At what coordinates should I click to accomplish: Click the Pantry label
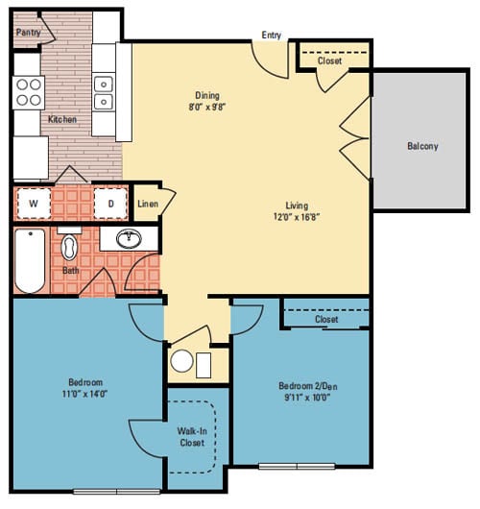pyautogui.click(x=28, y=33)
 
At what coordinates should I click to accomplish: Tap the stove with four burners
pyautogui.click(x=29, y=90)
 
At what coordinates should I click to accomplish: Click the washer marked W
pyautogui.click(x=34, y=204)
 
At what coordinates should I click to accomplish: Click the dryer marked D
pyautogui.click(x=110, y=204)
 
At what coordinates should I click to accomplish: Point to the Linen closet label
pyautogui.click(x=147, y=204)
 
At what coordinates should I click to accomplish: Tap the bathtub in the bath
pyautogui.click(x=30, y=261)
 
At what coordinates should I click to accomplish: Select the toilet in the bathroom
pyautogui.click(x=70, y=249)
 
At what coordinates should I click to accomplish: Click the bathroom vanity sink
pyautogui.click(x=128, y=239)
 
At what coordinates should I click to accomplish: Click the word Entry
pyautogui.click(x=272, y=36)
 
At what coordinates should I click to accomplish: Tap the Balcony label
pyautogui.click(x=422, y=146)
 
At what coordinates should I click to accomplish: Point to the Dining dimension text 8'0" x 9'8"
pyautogui.click(x=207, y=108)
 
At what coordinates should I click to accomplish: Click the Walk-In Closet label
pyautogui.click(x=191, y=437)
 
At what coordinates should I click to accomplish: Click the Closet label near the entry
pyautogui.click(x=329, y=61)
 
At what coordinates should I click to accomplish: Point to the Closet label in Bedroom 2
pyautogui.click(x=326, y=319)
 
